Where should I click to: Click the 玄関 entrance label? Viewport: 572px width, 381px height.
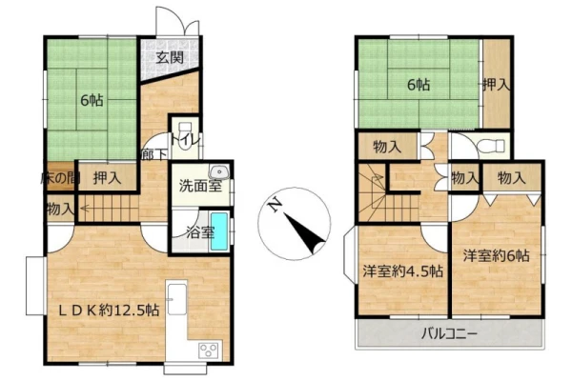[x=170, y=57]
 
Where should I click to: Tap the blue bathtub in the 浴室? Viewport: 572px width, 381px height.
[x=219, y=231]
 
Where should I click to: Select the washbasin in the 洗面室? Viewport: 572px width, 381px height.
[x=219, y=171]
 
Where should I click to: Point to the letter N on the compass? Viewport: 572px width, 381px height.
[x=275, y=206]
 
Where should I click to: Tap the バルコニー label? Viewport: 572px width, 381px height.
[x=449, y=333]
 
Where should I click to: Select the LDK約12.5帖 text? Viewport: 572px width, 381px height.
[x=109, y=311]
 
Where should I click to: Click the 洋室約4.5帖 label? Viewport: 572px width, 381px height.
[x=402, y=271]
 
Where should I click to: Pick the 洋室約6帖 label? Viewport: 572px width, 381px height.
[x=496, y=255]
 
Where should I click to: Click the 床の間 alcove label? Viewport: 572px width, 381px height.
[x=58, y=178]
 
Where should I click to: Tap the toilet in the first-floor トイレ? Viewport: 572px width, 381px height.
[x=185, y=135]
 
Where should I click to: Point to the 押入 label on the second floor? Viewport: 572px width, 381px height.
[x=496, y=85]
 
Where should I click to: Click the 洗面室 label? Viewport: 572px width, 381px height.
[x=200, y=186]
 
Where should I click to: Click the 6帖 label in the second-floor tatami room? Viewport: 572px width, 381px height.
[x=419, y=85]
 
